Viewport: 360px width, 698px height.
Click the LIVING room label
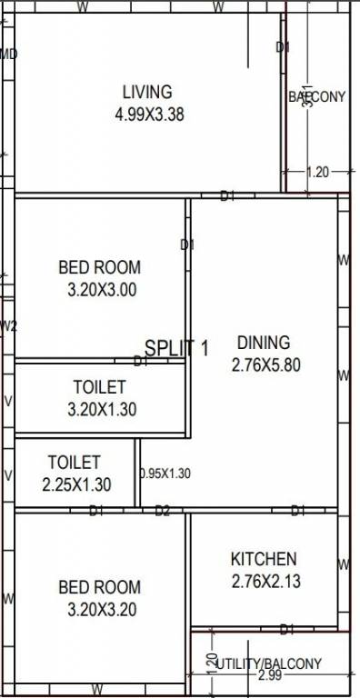pos(146,92)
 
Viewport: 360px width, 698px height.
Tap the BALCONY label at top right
pos(317,96)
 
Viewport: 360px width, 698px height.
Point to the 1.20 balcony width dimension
pos(317,172)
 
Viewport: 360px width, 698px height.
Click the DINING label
pos(264,343)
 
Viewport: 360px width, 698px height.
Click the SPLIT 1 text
pos(177,347)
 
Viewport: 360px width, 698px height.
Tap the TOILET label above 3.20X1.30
pos(100,388)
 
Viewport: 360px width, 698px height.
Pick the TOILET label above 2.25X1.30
pos(75,463)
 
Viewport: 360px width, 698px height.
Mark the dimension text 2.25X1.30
pos(76,485)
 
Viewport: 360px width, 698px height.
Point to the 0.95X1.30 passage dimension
pos(165,474)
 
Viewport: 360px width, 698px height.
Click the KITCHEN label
pos(263,559)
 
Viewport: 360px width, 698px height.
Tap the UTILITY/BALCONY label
pos(269,663)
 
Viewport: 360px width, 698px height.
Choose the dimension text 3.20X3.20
pos(99,610)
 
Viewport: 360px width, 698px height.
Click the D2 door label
pos(162,512)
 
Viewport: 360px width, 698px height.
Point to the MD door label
pos(8,54)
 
